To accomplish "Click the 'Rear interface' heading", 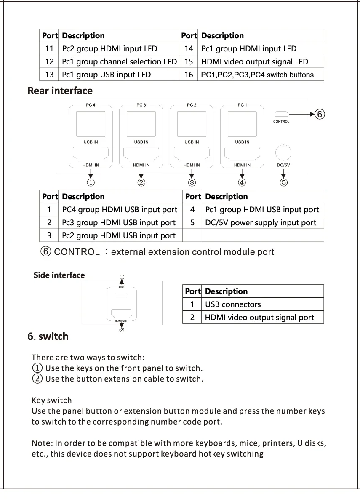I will coord(60,91).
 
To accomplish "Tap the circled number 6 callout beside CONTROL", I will coord(320,114).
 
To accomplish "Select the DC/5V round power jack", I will coord(283,152).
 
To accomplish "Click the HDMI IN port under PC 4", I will coord(91,153).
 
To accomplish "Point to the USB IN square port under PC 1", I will coord(242,124).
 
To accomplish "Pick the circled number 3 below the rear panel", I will coord(192,182).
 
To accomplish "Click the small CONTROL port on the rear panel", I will coord(281,114).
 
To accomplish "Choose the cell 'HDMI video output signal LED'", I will coord(255,61).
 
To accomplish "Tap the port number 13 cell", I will coord(49,75).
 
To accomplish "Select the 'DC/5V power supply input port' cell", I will coord(261,222).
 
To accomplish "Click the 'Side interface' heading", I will coord(59,275).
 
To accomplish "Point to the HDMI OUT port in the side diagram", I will coord(121,314).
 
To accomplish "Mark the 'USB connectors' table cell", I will coord(233,304).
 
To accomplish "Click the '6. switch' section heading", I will coord(48,336).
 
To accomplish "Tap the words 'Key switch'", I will coord(52,400).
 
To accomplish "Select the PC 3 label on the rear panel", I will coord(141,105).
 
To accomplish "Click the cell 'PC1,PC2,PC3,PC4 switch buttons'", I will coord(257,75).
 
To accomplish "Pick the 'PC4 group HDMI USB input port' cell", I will coord(120,209).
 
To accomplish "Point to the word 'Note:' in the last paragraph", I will coord(41,443).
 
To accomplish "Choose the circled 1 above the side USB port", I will coord(121,277).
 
